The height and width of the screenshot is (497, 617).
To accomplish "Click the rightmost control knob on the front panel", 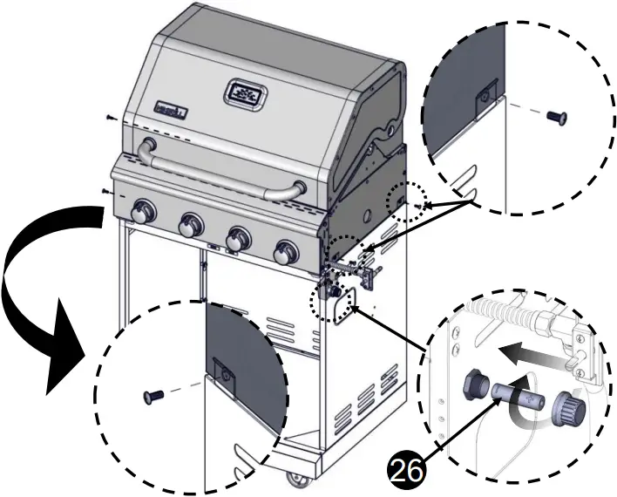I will (285, 253).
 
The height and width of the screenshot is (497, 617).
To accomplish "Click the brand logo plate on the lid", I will (173, 109).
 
